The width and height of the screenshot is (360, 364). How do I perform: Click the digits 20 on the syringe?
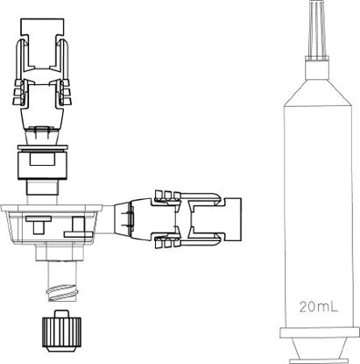(306, 307)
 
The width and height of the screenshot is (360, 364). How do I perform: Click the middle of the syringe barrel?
(318, 202)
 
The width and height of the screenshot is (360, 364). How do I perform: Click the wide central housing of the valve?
(57, 224)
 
